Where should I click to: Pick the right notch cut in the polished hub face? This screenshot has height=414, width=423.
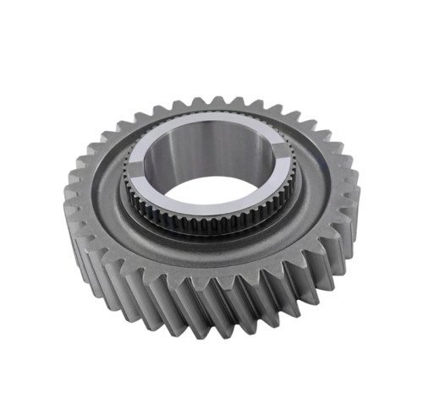280,155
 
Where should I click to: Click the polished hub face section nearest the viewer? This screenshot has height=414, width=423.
211,210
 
